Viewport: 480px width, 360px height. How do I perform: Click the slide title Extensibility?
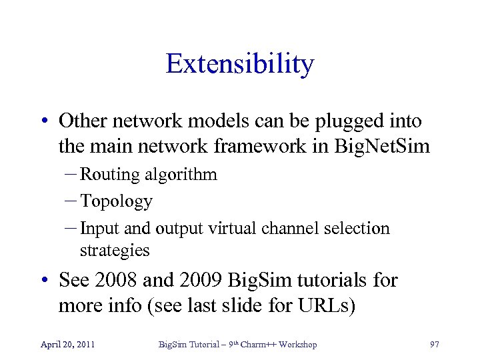[x=239, y=64]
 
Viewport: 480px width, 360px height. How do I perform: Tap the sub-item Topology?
[x=116, y=201]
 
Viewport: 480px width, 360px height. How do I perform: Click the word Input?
[x=98, y=228]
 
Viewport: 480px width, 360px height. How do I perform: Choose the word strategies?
[x=115, y=250]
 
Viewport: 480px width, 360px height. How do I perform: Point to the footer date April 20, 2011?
[x=67, y=344]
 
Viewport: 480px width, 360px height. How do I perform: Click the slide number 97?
[x=435, y=344]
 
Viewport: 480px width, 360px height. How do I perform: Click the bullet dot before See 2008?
[x=43, y=281]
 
